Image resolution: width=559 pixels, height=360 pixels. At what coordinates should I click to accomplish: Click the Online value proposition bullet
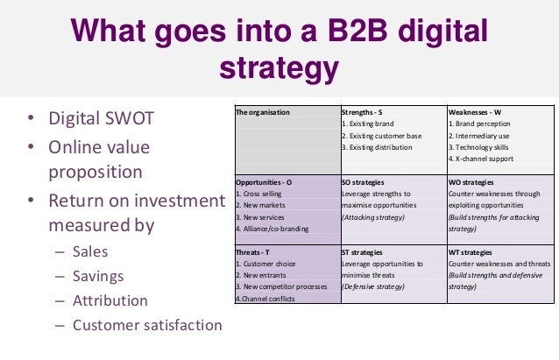click(96, 159)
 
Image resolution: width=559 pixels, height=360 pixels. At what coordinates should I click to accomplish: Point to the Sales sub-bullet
click(90, 251)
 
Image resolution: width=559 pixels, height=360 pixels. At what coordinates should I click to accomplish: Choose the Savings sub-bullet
click(98, 276)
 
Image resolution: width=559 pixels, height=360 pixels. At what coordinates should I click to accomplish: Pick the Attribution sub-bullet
click(110, 300)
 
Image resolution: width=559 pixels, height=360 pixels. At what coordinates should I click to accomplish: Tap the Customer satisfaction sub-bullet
click(147, 325)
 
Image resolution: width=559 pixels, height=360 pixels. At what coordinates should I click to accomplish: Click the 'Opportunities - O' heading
click(269, 181)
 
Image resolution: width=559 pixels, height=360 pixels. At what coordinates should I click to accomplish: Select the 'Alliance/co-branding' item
click(276, 228)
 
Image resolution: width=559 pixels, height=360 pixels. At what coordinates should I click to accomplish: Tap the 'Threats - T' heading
click(258, 251)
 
